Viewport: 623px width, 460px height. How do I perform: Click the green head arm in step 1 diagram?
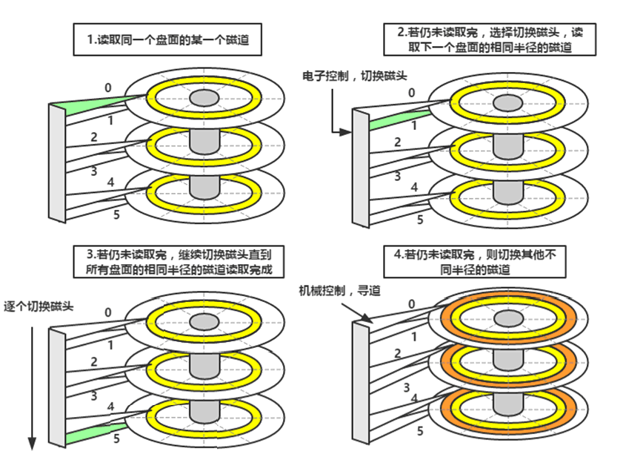(96, 106)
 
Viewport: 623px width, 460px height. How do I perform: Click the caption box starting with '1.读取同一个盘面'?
(168, 41)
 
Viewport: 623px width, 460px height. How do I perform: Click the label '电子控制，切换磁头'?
(355, 76)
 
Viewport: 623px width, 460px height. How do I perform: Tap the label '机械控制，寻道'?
(339, 290)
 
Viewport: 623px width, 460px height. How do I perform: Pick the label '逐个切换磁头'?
(39, 306)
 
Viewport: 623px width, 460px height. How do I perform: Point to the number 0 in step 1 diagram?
(108, 88)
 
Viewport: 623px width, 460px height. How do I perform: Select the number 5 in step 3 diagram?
(116, 438)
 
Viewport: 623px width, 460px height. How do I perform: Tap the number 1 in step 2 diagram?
(413, 125)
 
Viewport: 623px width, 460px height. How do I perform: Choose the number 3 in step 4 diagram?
(407, 387)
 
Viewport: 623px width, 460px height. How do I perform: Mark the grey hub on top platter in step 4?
(508, 318)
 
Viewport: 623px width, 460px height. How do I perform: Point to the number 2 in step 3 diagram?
(94, 361)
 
